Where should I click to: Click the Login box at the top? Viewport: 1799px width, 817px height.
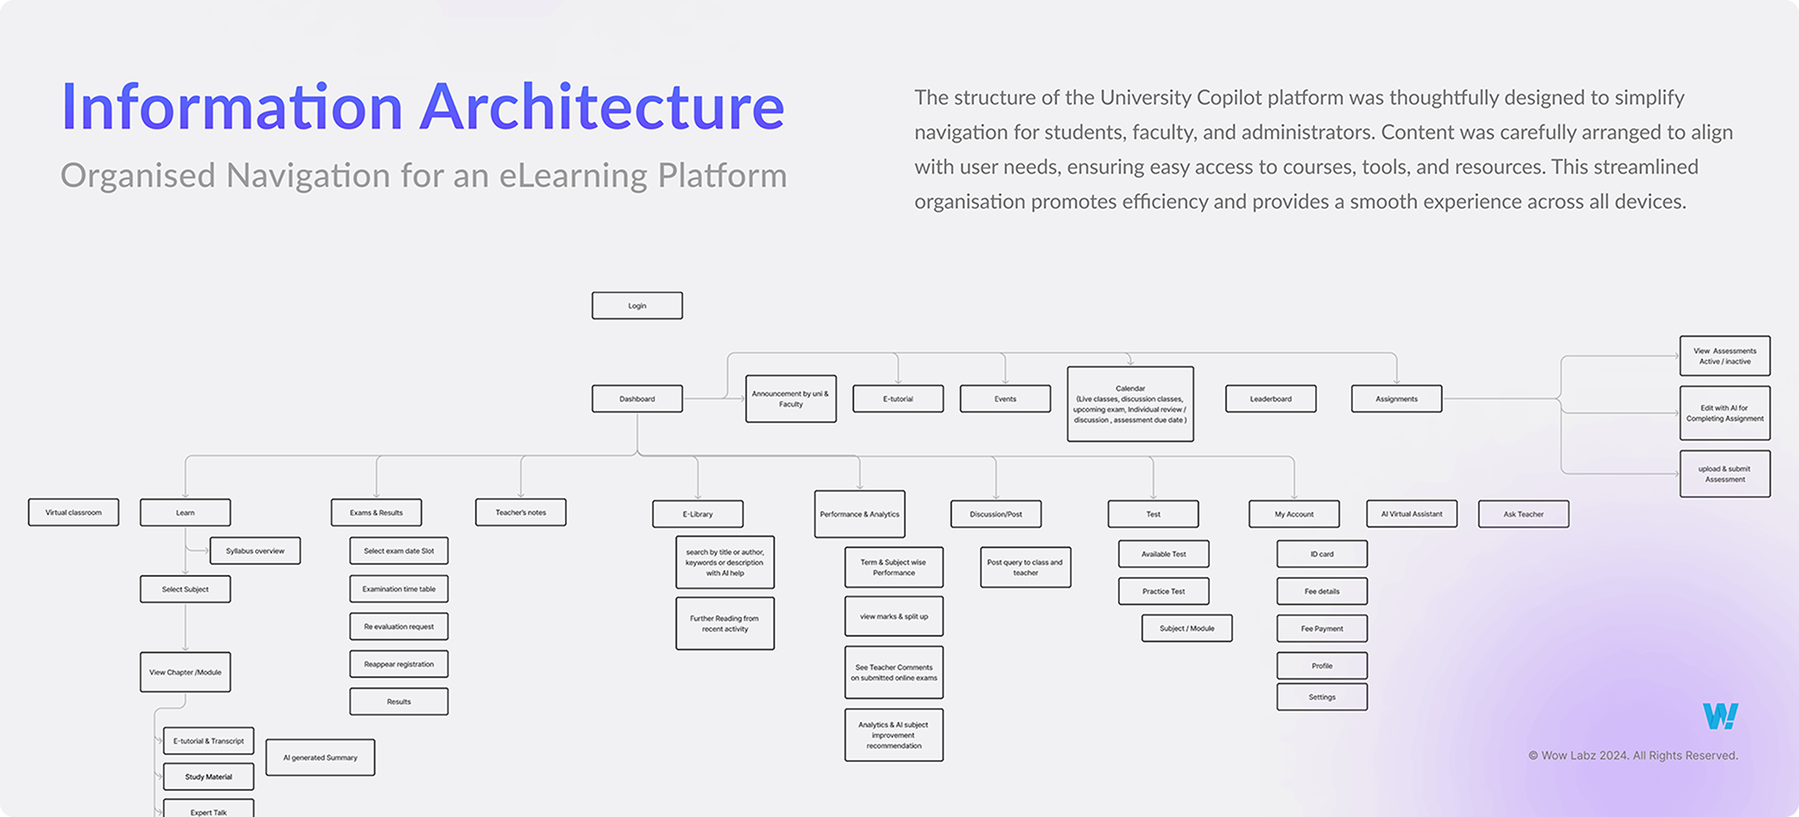(637, 306)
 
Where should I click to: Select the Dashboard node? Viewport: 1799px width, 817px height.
(637, 399)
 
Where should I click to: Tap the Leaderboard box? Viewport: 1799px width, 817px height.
(1271, 399)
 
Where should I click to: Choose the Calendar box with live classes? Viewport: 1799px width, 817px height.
(1130, 404)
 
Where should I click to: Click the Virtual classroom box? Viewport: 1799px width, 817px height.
(73, 513)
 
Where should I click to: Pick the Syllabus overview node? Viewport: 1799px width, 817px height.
(255, 551)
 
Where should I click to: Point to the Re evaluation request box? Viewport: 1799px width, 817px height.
(399, 626)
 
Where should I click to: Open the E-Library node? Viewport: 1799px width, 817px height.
(697, 514)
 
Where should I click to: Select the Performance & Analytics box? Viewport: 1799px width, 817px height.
(859, 514)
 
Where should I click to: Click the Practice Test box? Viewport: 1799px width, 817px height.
(1164, 592)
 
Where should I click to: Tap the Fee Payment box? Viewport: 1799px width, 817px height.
(1322, 629)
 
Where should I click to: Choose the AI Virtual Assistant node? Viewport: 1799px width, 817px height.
(1412, 514)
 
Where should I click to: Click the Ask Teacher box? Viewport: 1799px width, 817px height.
(1524, 514)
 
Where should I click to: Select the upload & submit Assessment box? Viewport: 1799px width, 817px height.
(1724, 474)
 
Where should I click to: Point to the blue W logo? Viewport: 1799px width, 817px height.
(1720, 716)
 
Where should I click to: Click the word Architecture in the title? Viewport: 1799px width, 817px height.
(602, 107)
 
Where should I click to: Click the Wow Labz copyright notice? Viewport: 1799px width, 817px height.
(1633, 756)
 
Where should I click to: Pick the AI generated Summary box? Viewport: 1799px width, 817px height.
(320, 758)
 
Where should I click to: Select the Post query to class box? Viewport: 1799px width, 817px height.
(1025, 568)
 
